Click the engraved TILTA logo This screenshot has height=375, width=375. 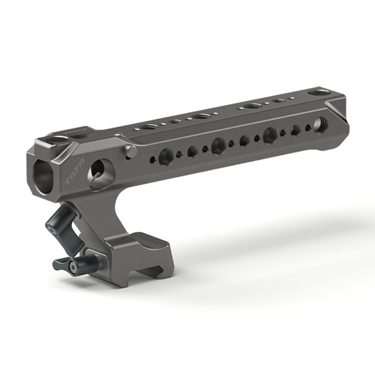[x=75, y=172]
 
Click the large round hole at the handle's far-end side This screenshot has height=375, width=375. [x=320, y=124]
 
